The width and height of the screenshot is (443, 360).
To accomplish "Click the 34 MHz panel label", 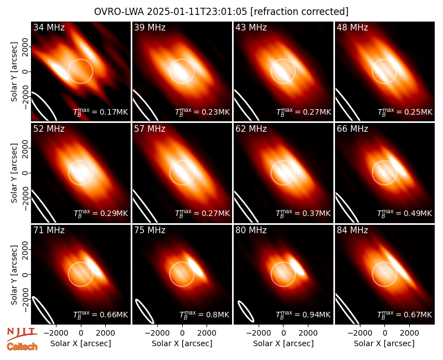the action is tap(49, 27).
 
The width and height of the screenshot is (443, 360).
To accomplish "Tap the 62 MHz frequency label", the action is tap(251, 129).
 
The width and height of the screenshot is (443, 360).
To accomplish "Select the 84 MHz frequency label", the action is tap(352, 230).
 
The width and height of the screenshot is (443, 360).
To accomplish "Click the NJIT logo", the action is tap(22, 333).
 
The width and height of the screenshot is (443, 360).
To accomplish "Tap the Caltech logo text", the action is tap(22, 347).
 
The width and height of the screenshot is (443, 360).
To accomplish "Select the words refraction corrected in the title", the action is tap(300, 12).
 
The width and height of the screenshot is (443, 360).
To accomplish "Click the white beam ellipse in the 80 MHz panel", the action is tap(246, 311).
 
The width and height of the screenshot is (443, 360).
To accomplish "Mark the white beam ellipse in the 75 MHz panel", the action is tap(145, 311).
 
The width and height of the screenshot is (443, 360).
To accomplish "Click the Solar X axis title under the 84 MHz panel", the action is tap(384, 343).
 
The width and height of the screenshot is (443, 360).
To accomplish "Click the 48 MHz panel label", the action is tap(352, 27).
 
